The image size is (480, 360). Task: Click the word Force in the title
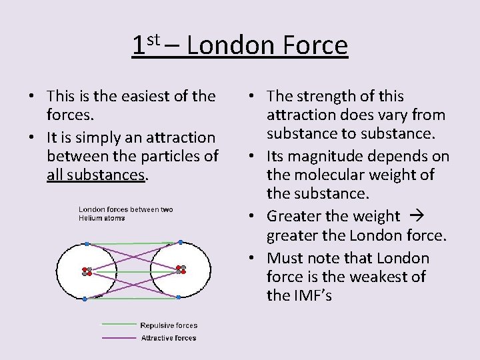(315, 46)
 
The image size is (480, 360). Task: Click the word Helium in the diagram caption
(91, 218)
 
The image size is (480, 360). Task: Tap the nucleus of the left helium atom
(87, 271)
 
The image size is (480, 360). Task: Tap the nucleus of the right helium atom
(181, 269)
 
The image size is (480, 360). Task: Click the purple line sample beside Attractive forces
(119, 338)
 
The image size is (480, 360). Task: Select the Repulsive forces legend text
(169, 325)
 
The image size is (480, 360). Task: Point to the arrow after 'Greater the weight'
(413, 217)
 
